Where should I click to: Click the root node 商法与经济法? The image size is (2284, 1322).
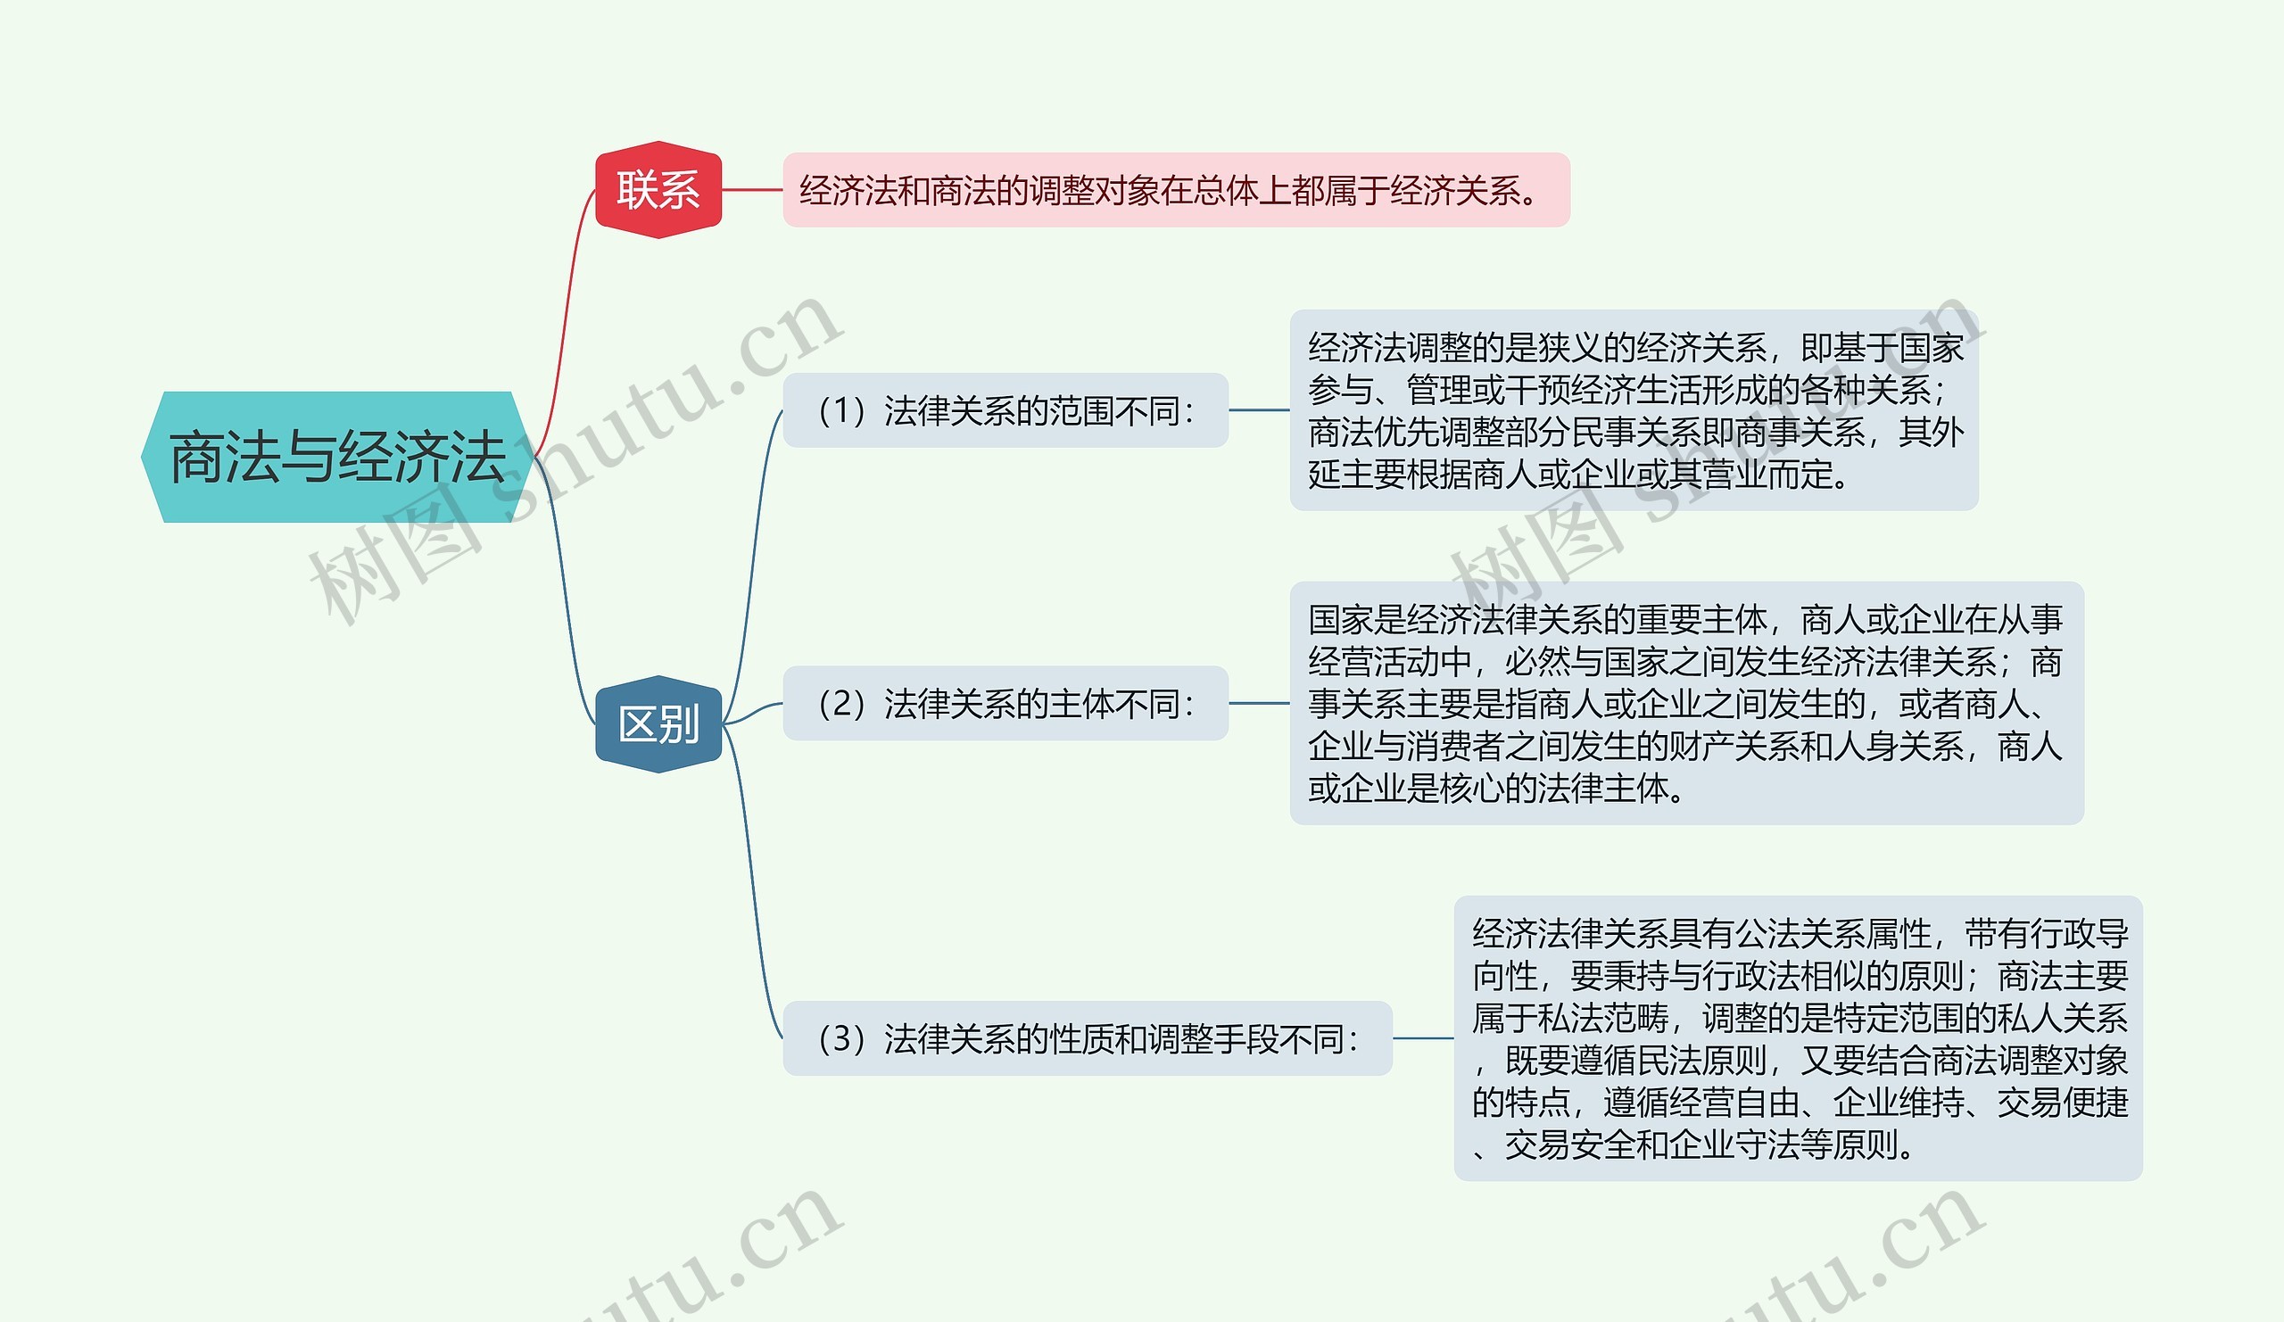click(336, 458)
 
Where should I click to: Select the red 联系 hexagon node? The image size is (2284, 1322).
click(658, 190)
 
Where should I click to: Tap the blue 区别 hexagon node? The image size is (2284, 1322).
click(658, 725)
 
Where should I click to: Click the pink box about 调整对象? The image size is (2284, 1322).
click(1176, 190)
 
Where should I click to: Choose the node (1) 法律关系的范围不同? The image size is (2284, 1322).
click(1005, 410)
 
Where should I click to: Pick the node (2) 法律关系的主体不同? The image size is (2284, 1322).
click(1005, 704)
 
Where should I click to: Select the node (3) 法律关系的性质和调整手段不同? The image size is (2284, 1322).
click(1087, 1039)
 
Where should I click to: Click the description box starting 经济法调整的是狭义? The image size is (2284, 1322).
click(1634, 410)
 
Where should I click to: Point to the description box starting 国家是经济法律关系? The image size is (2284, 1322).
click(1686, 704)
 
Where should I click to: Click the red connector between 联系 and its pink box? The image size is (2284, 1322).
click(752, 190)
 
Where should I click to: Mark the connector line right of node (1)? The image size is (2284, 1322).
click(1259, 410)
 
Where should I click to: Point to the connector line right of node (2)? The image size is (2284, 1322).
click(1259, 704)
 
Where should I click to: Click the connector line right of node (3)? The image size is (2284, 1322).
click(1423, 1039)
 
